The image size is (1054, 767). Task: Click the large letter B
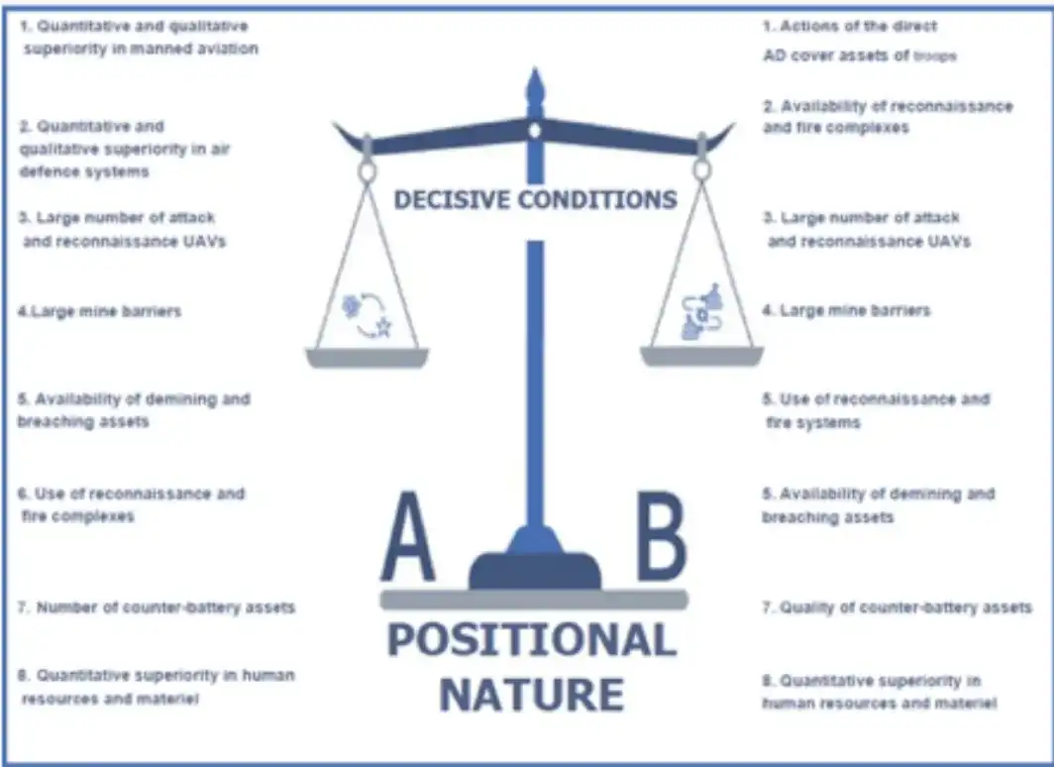(661, 536)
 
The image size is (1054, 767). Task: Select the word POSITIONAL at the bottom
(532, 639)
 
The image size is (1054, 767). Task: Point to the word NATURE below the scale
(532, 694)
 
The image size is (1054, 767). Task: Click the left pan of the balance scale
(367, 358)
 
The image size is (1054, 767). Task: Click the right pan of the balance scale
(701, 357)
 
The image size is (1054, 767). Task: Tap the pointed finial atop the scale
(534, 86)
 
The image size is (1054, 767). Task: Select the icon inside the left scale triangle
(367, 314)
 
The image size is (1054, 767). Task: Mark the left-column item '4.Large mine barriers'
(99, 311)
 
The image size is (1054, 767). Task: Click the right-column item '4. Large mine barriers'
(846, 310)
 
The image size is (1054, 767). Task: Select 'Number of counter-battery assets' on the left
(165, 607)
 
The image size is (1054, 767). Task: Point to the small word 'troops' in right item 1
(935, 56)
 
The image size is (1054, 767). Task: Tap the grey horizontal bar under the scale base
(534, 600)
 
